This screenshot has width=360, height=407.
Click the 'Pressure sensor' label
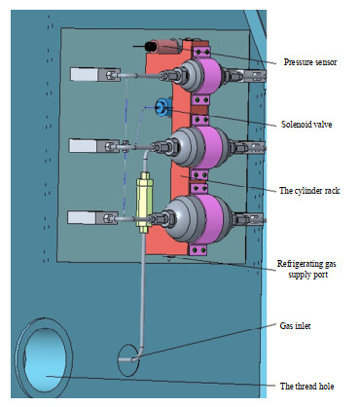pyautogui.click(x=310, y=62)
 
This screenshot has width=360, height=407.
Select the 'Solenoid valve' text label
pyautogui.click(x=306, y=125)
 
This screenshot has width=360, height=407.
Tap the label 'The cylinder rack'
pyautogui.click(x=309, y=190)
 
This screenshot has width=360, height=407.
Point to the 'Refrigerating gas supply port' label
pyautogui.click(x=306, y=269)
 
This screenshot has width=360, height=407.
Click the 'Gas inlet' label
pyautogui.click(x=295, y=325)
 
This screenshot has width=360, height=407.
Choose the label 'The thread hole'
pyautogui.click(x=306, y=386)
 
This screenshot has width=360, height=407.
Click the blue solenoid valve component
pyautogui.click(x=162, y=107)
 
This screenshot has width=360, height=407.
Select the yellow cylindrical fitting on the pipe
pyautogui.click(x=144, y=203)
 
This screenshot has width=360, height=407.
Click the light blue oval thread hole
pyautogui.click(x=45, y=359)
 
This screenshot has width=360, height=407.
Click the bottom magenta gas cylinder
pyautogui.click(x=211, y=218)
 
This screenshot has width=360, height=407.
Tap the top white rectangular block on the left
pyautogui.click(x=85, y=74)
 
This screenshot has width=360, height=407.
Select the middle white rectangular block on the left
pyautogui.click(x=83, y=145)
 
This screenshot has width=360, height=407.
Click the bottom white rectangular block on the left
pyautogui.click(x=82, y=217)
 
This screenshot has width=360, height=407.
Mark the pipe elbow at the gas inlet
pyautogui.click(x=139, y=355)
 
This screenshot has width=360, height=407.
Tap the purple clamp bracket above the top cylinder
pyautogui.click(x=201, y=52)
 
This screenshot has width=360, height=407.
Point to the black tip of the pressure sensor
pyautogui.click(x=151, y=47)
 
